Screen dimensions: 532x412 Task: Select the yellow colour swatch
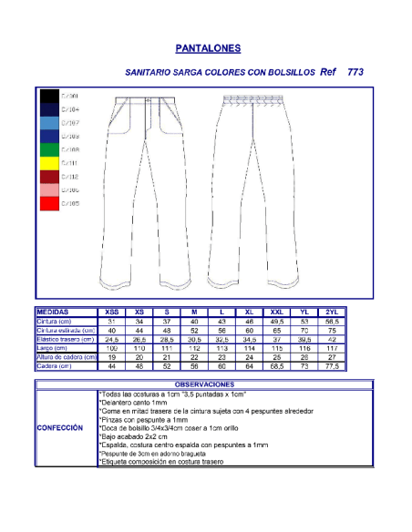[x=49, y=163]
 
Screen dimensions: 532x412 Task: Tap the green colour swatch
[x=49, y=149]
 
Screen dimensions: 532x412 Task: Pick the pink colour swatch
[x=49, y=189]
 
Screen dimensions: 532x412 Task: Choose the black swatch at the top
[x=49, y=96]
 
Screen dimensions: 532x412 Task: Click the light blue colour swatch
[x=49, y=122]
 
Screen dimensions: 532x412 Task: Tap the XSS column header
[x=112, y=312]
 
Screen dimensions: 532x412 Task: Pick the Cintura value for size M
[x=194, y=321]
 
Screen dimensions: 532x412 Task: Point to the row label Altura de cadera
[x=65, y=357]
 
